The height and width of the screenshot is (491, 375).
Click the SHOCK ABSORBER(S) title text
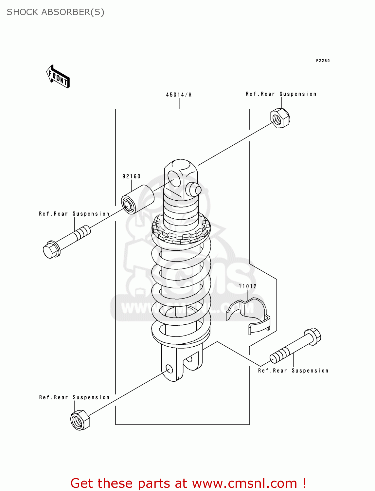[x=56, y=12]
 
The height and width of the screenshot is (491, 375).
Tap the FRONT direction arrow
[x=58, y=77]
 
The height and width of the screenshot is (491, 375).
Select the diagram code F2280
[x=323, y=61]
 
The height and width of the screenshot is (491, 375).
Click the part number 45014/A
[x=179, y=95]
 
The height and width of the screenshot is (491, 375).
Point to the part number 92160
[x=131, y=176]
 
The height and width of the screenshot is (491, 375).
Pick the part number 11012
[x=248, y=286]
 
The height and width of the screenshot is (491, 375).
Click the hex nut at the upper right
[x=280, y=118]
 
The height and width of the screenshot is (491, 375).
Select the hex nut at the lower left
[x=80, y=420]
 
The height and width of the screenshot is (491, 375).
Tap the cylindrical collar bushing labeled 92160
[x=137, y=199]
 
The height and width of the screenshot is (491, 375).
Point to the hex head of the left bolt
[x=51, y=250]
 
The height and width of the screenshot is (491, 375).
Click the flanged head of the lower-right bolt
[x=313, y=336]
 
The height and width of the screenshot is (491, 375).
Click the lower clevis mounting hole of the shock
[x=169, y=369]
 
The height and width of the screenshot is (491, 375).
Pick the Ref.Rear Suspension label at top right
[x=281, y=94]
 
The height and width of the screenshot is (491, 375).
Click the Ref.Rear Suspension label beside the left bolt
[x=74, y=214]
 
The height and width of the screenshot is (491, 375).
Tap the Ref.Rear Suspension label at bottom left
[x=74, y=397]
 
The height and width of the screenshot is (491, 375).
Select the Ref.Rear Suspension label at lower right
[x=293, y=371]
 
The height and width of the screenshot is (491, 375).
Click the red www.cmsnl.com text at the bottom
[x=244, y=483]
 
